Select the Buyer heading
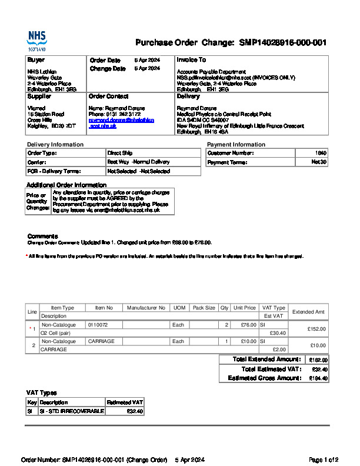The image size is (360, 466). point(36,60)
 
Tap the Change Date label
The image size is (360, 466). point(108,69)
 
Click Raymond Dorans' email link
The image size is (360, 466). point(121,122)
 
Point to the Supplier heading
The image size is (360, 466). point(39,96)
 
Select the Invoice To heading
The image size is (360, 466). point(191,60)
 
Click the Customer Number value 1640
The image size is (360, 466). point(321,153)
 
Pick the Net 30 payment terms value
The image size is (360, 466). point(319,162)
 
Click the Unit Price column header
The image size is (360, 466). point(245,308)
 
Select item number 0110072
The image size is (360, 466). point(98,325)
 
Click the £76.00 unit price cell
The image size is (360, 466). point(245,325)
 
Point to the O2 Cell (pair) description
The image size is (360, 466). point(55,333)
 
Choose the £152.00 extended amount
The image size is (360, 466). point(316,329)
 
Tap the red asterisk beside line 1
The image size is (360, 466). point(30,328)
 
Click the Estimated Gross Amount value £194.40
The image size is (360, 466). point(319,378)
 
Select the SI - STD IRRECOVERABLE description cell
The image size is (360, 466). point(72,411)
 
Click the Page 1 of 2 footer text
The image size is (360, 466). point(324,460)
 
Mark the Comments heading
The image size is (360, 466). point(42,236)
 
